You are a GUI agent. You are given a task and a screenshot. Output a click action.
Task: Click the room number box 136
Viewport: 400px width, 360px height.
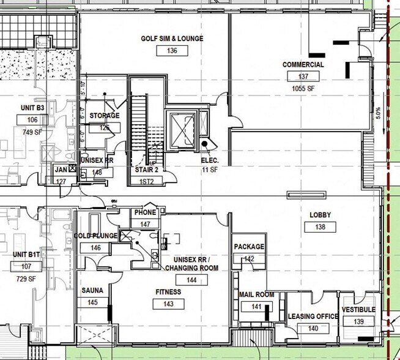(172, 51)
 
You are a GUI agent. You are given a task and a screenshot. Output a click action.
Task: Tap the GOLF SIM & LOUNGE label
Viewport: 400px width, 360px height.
(172, 39)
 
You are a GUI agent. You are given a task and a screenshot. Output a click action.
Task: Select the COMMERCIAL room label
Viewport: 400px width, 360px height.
(303, 64)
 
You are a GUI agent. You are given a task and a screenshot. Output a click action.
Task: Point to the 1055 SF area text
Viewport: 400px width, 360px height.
(303, 88)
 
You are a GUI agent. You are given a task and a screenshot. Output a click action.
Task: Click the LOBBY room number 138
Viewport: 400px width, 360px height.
(320, 227)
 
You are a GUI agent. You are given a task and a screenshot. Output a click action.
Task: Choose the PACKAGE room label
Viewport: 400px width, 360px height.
(249, 247)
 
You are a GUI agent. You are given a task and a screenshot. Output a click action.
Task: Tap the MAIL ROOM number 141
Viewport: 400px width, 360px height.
(256, 307)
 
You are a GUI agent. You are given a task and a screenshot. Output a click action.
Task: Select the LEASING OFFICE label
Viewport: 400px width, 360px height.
(313, 316)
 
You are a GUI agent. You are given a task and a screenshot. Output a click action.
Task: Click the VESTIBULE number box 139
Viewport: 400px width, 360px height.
(359, 322)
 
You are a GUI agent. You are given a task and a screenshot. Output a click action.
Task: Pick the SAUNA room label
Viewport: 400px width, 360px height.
(92, 290)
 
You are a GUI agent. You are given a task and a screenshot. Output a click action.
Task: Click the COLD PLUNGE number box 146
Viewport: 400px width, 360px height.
(95, 248)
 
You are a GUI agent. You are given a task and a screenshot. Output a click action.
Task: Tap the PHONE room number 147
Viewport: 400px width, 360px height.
(145, 225)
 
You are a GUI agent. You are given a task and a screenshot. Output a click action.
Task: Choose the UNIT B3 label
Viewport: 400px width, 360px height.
(33, 108)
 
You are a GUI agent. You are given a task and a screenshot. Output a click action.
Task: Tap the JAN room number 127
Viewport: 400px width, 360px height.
(61, 181)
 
